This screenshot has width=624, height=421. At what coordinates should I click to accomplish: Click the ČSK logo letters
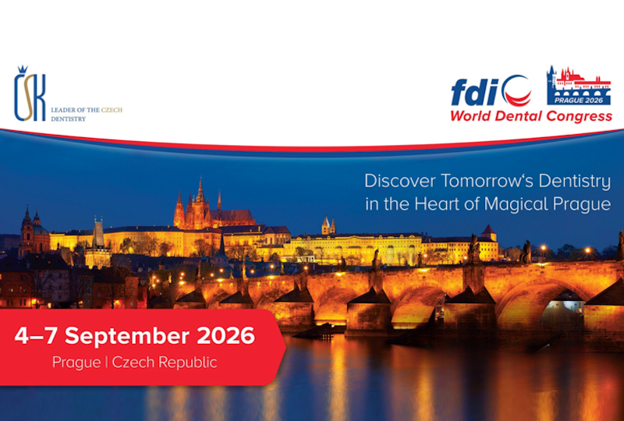point(30,97)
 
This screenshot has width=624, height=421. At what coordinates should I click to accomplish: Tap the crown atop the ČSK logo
point(23,69)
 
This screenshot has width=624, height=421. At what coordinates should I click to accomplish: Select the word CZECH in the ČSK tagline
point(112,110)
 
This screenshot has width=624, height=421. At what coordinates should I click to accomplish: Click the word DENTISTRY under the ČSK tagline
point(68,119)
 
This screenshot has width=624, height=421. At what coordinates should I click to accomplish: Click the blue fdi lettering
point(475,92)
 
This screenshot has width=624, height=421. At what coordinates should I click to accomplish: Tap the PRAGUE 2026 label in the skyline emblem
point(579,101)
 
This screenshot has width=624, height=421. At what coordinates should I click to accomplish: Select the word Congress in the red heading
point(579,116)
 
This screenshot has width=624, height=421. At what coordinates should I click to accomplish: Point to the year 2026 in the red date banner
point(225,336)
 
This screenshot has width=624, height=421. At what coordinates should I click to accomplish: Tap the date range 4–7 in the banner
point(37,336)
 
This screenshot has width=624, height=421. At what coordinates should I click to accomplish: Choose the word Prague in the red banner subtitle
point(76,363)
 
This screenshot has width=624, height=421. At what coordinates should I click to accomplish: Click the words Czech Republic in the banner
point(165,363)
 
